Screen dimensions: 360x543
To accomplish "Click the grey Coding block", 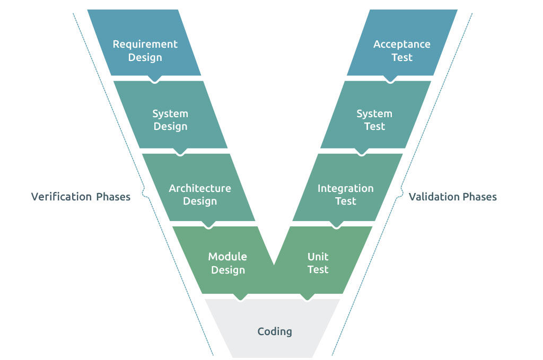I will point(274,331).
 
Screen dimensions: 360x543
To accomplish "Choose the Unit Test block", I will point(318,263).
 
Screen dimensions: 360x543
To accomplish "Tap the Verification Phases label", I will point(81,197).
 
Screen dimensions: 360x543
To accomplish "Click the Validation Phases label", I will point(453,197).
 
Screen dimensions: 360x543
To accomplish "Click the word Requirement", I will point(145,44).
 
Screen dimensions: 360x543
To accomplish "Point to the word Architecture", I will point(200,188).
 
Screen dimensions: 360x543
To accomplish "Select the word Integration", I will point(346,188).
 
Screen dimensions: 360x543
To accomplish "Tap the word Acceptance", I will point(402,44).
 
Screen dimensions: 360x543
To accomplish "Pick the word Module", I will point(227,257).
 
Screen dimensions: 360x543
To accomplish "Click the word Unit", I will point(318,257).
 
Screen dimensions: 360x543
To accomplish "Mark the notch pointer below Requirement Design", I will point(155,80).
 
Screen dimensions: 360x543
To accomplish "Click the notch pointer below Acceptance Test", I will point(390,80).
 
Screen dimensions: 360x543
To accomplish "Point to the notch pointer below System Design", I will point(181,152).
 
